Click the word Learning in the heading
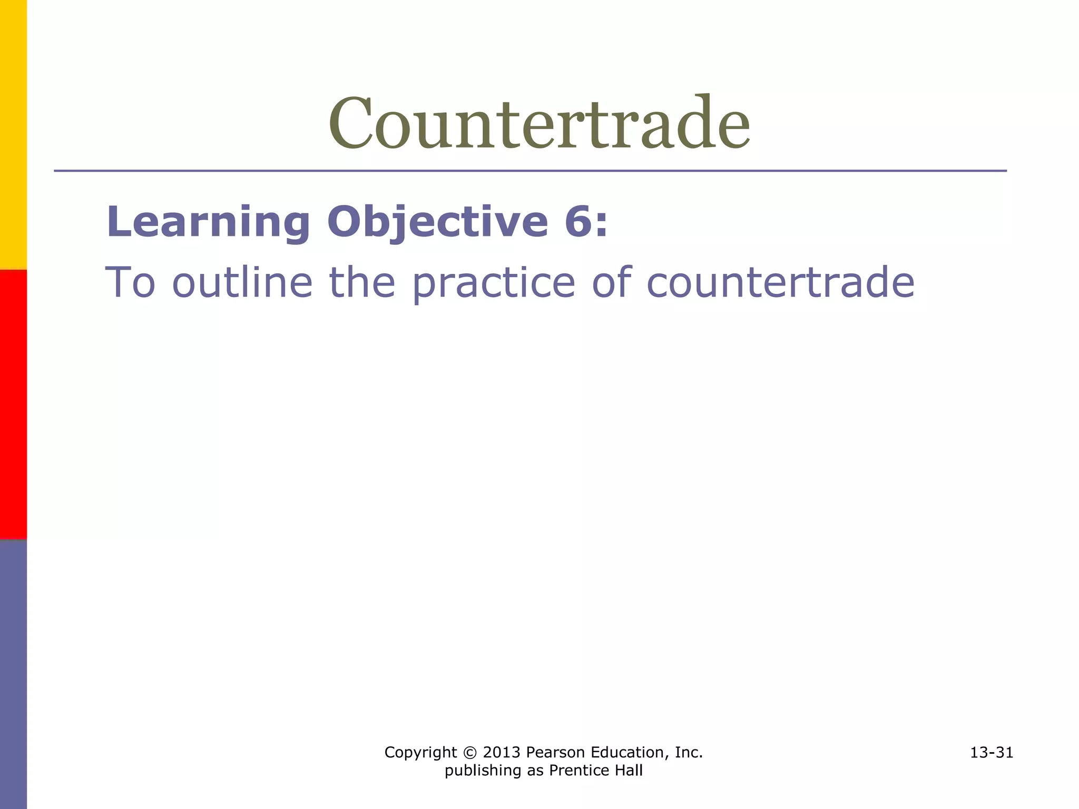click(x=208, y=222)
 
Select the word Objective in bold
click(x=437, y=222)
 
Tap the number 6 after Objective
click(x=578, y=222)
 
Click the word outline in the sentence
click(x=242, y=282)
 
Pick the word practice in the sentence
click(x=493, y=283)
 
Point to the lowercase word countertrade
click(x=780, y=282)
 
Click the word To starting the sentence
click(x=131, y=282)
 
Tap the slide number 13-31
click(x=992, y=753)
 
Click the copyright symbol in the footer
click(x=470, y=753)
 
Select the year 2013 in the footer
click(x=502, y=753)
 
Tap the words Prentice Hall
click(x=595, y=771)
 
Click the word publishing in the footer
click(x=476, y=771)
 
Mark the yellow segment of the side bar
click(x=13, y=134)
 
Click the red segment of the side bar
click(x=13, y=404)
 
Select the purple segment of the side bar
click(x=13, y=674)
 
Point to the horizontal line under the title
click(x=530, y=171)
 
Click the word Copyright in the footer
click(x=420, y=753)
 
